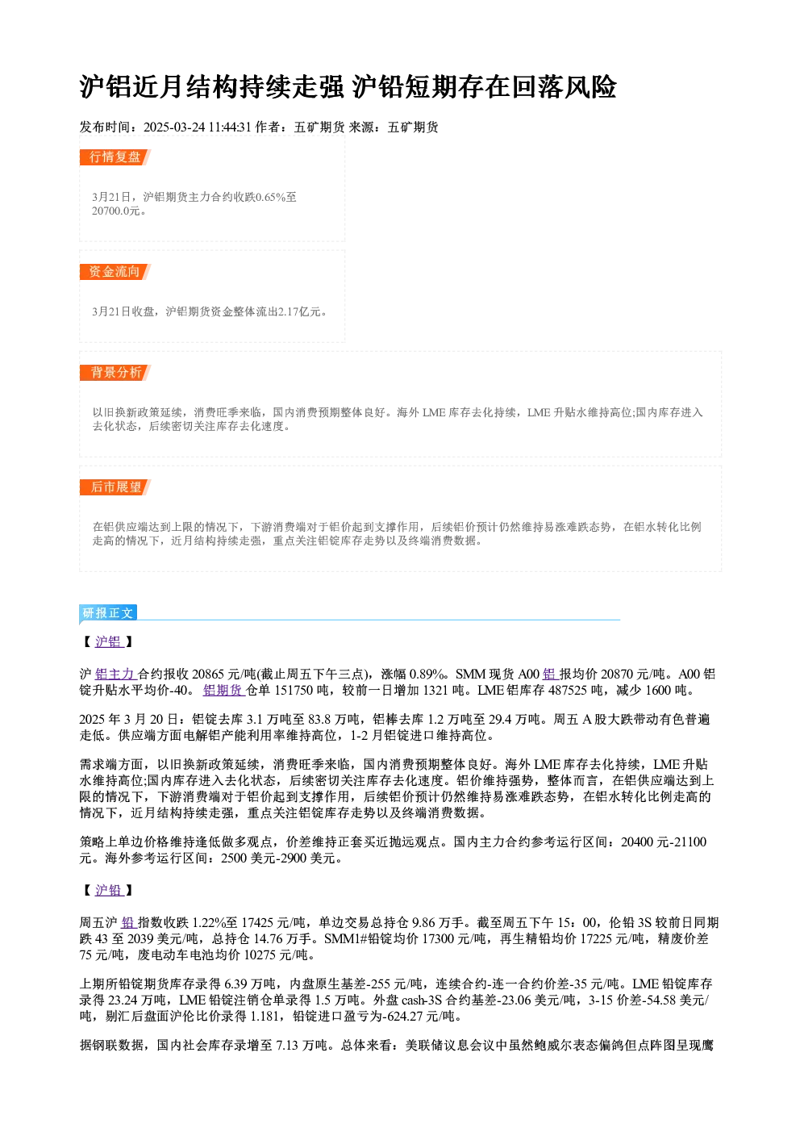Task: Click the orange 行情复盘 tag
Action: (x=115, y=157)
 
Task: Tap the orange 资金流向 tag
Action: (x=115, y=272)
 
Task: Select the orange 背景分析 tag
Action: (x=115, y=373)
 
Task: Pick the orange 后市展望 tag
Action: (x=115, y=487)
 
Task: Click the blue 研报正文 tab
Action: (x=108, y=613)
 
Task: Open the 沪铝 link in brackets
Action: (x=109, y=641)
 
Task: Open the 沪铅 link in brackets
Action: (x=109, y=891)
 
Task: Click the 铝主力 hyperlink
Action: (x=115, y=675)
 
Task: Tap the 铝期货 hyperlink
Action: (x=223, y=691)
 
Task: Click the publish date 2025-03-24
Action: (x=173, y=127)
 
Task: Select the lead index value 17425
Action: (x=259, y=923)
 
